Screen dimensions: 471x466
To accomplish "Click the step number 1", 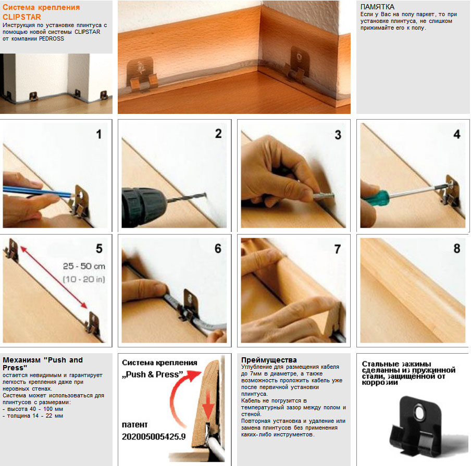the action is coord(98,134).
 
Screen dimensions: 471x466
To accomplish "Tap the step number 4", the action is coord(457,134).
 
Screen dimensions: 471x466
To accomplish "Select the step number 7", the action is coord(338,249).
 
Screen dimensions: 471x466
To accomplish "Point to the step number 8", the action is coord(457,248).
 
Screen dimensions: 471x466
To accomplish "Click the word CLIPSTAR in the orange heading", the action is coord(22,17).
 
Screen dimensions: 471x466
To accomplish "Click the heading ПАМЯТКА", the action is coord(377,7).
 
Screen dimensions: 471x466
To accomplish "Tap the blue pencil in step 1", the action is coord(39,191).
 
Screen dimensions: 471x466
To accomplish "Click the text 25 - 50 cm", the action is coord(84,266).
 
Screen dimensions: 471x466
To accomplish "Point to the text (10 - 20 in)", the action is coord(84,279).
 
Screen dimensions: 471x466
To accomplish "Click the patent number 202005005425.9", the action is coord(154,436).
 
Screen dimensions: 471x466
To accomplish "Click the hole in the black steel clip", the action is coord(418,412).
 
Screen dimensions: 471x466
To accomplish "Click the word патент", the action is coord(134,424).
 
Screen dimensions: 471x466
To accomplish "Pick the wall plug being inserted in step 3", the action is coord(324,196).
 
